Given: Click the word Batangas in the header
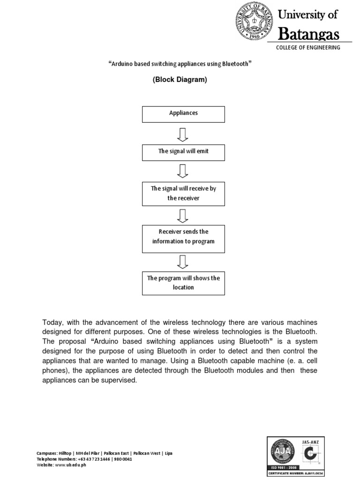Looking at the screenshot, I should point(308,34).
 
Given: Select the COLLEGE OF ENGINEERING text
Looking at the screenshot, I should point(308,48).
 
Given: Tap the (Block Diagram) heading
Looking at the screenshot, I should point(180,80).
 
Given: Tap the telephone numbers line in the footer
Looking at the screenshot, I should point(84,459).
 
